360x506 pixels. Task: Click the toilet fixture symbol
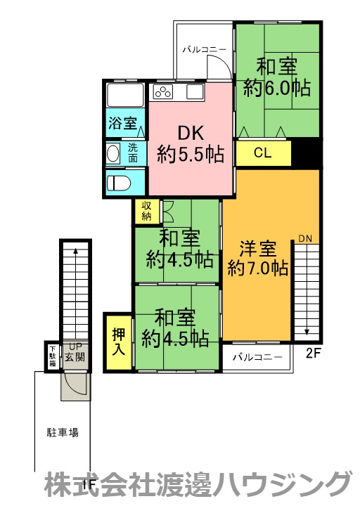pyautogui.click(x=119, y=183)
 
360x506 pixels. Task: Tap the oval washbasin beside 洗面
pyautogui.click(x=112, y=153)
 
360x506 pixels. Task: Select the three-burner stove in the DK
pyautogui.click(x=163, y=92)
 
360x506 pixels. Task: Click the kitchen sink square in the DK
pyautogui.click(x=195, y=92)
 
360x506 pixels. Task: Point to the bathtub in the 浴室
pyautogui.click(x=125, y=95)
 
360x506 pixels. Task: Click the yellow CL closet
pyautogui.click(x=264, y=153)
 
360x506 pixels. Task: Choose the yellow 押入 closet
pyautogui.click(x=118, y=342)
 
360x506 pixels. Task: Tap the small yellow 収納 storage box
pyautogui.click(x=147, y=212)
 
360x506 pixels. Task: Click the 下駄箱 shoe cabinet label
pyautogui.click(x=52, y=356)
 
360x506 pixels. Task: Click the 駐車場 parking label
pyautogui.click(x=63, y=432)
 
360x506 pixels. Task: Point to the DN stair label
pyautogui.click(x=305, y=239)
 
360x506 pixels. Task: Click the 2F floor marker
pyautogui.click(x=313, y=354)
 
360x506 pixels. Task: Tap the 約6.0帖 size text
pyautogui.click(x=277, y=88)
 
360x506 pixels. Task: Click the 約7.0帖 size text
pyautogui.click(x=257, y=268)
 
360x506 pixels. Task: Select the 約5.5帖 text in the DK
pyautogui.click(x=191, y=154)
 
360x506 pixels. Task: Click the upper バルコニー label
pyautogui.click(x=205, y=50)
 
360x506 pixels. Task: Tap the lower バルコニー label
pyautogui.click(x=257, y=357)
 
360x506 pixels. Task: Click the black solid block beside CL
pyautogui.click(x=307, y=153)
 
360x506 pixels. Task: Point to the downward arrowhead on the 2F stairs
pyautogui.click(x=307, y=332)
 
